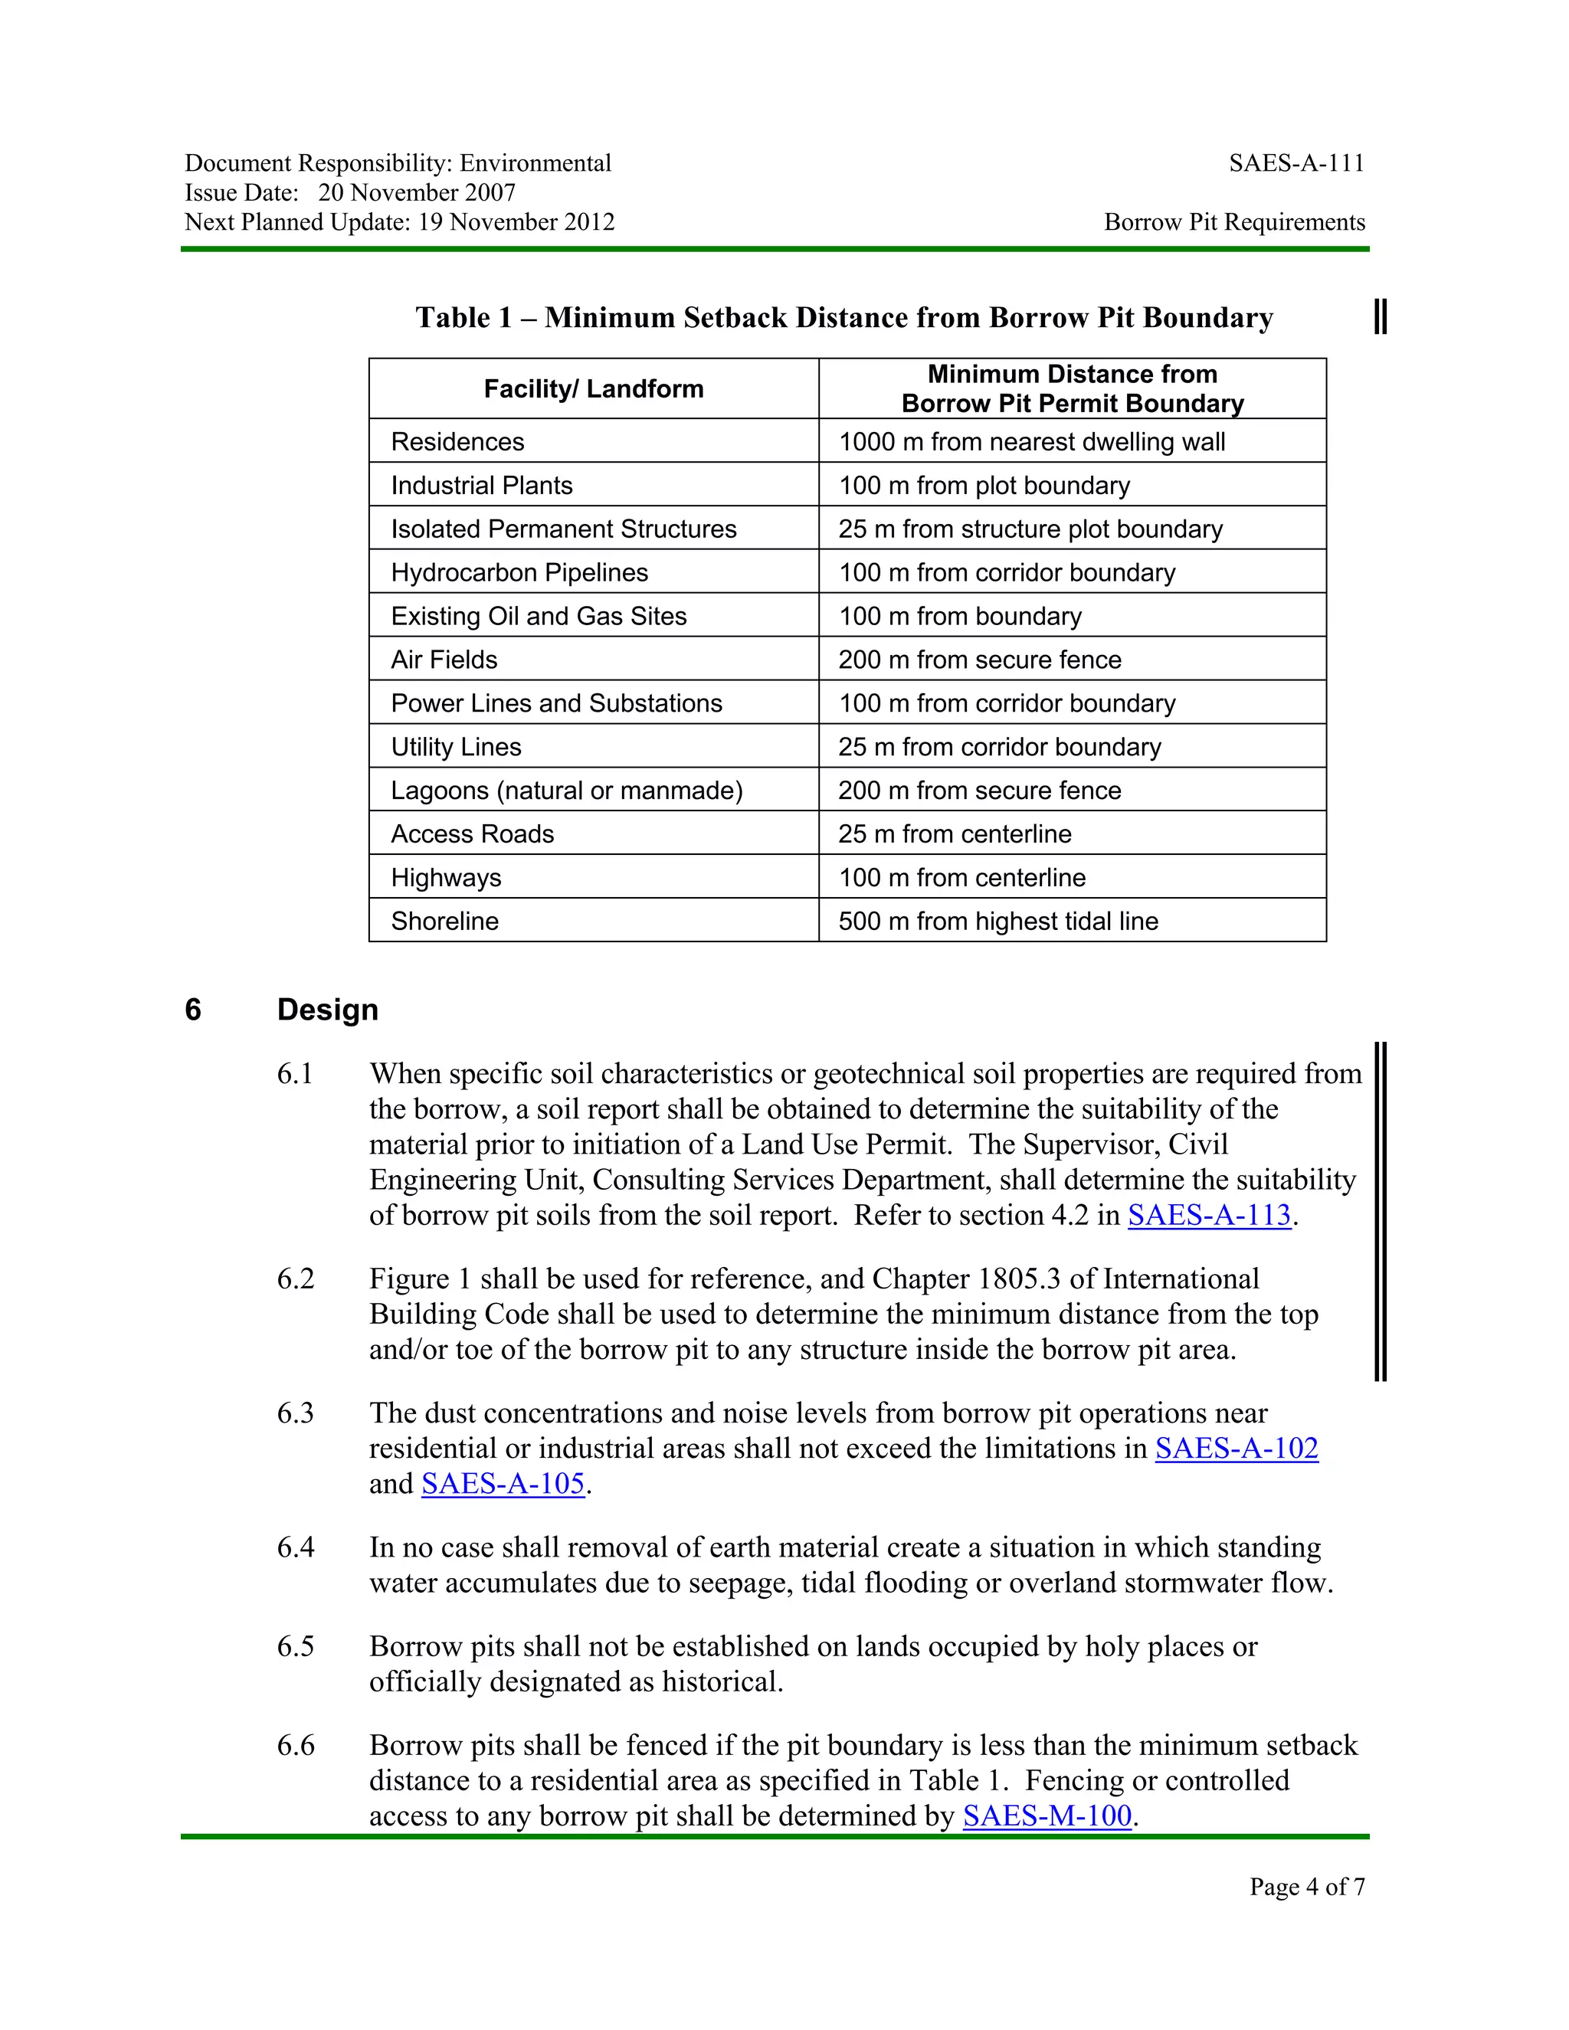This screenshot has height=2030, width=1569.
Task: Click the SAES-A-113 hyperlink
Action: pyautogui.click(x=1208, y=1215)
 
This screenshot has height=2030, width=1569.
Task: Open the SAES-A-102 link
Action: pyautogui.click(x=1237, y=1448)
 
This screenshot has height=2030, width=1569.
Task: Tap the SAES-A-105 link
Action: pyautogui.click(x=503, y=1484)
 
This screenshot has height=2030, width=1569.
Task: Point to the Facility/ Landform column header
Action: pyautogui.click(x=593, y=388)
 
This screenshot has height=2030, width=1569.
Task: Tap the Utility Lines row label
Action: pyautogui.click(x=456, y=748)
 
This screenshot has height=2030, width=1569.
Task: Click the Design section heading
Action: pyautogui.click(x=327, y=1010)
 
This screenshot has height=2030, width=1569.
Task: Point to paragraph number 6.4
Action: pyautogui.click(x=296, y=1547)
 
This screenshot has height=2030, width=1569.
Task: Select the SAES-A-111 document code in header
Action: pyautogui.click(x=1295, y=164)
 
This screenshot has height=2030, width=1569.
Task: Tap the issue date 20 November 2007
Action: pyautogui.click(x=417, y=192)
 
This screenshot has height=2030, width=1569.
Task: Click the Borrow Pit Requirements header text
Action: pyautogui.click(x=1233, y=222)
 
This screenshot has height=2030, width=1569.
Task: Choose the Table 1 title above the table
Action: pyautogui.click(x=843, y=318)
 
